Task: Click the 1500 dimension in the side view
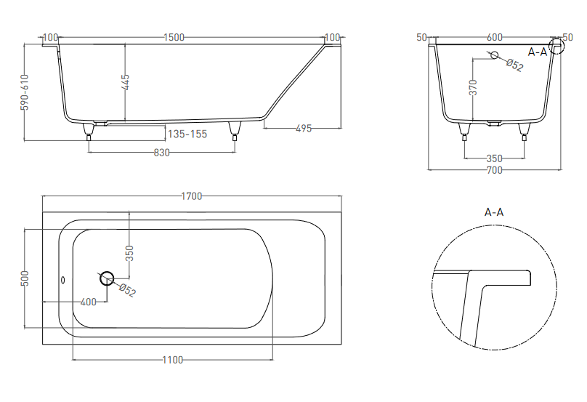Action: click(x=174, y=38)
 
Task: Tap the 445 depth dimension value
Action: click(x=126, y=82)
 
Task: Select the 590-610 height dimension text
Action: click(x=24, y=92)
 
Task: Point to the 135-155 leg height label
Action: click(x=187, y=134)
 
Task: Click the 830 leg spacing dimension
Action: click(x=162, y=153)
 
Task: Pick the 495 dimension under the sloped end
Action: click(x=304, y=128)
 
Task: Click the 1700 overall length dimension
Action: click(x=191, y=196)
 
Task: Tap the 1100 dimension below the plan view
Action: click(x=173, y=360)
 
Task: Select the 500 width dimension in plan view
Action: click(x=25, y=278)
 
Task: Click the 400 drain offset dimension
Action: click(x=89, y=302)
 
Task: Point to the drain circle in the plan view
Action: click(x=107, y=278)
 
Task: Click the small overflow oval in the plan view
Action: click(x=63, y=280)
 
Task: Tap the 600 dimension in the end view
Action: click(x=495, y=38)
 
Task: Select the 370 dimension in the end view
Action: click(x=474, y=87)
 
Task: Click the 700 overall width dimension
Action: click(x=494, y=170)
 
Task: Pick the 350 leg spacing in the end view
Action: click(x=494, y=158)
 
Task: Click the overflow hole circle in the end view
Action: click(x=495, y=55)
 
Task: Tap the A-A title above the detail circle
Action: click(x=494, y=212)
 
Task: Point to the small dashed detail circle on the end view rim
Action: click(x=556, y=46)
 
